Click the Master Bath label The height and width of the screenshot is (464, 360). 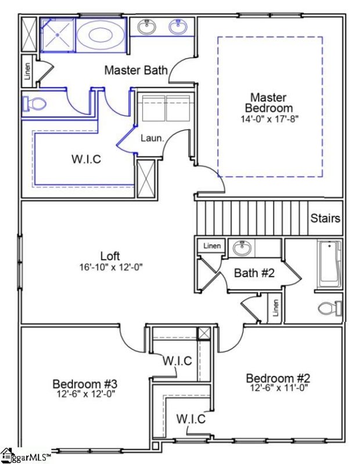click(136, 70)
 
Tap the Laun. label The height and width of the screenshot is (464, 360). click(153, 139)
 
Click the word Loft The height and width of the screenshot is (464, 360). click(110, 256)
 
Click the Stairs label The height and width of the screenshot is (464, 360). click(325, 219)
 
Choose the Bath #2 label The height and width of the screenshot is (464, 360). click(254, 273)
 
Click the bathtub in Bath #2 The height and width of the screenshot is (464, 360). click(329, 264)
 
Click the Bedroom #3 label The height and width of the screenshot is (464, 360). click(85, 383)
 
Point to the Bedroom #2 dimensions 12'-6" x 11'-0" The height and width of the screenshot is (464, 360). click(279, 387)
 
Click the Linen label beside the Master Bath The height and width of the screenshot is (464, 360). click(27, 70)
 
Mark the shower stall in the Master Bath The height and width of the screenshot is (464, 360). click(57, 35)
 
